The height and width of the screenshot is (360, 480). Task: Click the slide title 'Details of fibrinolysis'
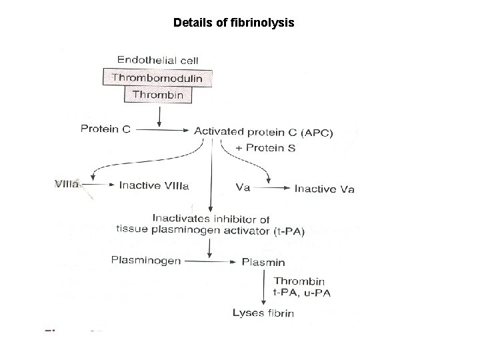[x=233, y=23]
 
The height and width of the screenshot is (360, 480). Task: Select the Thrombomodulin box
[x=157, y=77]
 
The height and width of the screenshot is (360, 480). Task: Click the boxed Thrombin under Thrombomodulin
[x=157, y=95]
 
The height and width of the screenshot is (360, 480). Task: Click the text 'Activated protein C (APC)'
[x=263, y=132]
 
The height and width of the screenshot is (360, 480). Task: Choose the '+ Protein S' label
[x=266, y=147]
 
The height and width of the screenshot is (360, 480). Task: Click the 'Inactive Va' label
[x=325, y=189]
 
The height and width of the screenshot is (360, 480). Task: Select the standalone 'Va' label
[x=243, y=187]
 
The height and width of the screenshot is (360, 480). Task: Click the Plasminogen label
[x=145, y=261]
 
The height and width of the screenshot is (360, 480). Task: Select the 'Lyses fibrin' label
[x=263, y=313]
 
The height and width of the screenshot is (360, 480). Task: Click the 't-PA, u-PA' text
[x=302, y=293]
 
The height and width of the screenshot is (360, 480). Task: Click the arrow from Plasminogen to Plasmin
[x=209, y=261]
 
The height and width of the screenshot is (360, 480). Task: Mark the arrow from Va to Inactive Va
[x=272, y=189]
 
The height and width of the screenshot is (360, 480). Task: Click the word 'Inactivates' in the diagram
[x=178, y=218]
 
